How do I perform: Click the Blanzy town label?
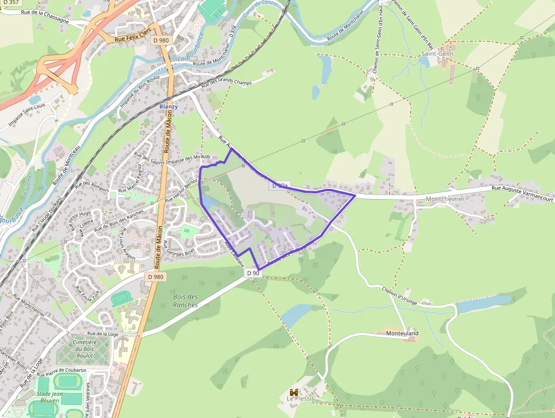pyautogui.click(x=169, y=107)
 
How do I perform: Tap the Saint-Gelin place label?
pyautogui.click(x=434, y=53)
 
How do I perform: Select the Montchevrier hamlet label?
pyautogui.click(x=445, y=199)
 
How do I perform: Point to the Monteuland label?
pyautogui.click(x=402, y=333)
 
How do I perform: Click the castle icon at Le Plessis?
pyautogui.click(x=294, y=392)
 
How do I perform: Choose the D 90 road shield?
pyautogui.click(x=254, y=273)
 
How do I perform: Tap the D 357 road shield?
pyautogui.click(x=10, y=3)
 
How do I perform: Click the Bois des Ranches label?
pyautogui.click(x=186, y=301)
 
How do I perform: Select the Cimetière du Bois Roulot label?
pyautogui.click(x=83, y=349)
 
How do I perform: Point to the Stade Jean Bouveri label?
pyautogui.click(x=49, y=397)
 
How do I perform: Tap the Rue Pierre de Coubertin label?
pyautogui.click(x=62, y=372)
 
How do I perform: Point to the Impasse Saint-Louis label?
pyautogui.click(x=27, y=115)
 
